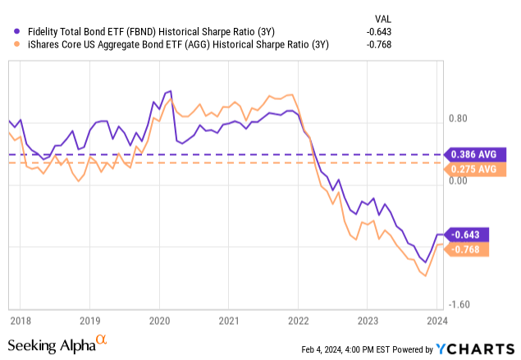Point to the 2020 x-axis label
pyautogui.click(x=158, y=321)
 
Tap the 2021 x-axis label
pyautogui.click(x=228, y=321)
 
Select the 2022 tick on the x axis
pyautogui.click(x=298, y=321)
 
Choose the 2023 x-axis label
pyautogui.click(x=368, y=321)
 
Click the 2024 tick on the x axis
pyautogui.click(x=436, y=321)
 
